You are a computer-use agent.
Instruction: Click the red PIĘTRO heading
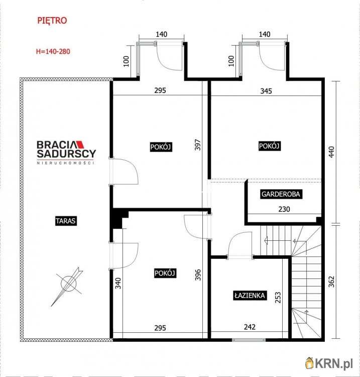pyautogui.click(x=52, y=21)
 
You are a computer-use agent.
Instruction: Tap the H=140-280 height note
pyautogui.click(x=53, y=51)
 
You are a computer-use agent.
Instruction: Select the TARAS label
pyautogui.click(x=66, y=221)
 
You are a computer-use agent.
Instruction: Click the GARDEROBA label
pyautogui.click(x=281, y=194)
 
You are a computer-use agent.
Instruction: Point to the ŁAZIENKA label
pyautogui.click(x=250, y=296)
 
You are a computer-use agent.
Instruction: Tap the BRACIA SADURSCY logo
pyautogui.click(x=66, y=152)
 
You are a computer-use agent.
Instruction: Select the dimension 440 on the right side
pyautogui.click(x=331, y=152)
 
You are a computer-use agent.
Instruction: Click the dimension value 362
pyautogui.click(x=331, y=282)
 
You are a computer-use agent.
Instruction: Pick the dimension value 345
pyautogui.click(x=266, y=91)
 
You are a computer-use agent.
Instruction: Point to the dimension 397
pyautogui.click(x=197, y=145)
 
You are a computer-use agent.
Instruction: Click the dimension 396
pyautogui.click(x=198, y=274)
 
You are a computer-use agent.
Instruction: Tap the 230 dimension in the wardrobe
pyautogui.click(x=284, y=209)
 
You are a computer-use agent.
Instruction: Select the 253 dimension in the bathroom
pyautogui.click(x=278, y=297)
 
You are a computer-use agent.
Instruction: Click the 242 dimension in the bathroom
pyautogui.click(x=250, y=327)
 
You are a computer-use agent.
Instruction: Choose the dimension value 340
pyautogui.click(x=118, y=283)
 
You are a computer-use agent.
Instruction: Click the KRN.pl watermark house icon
pyautogui.click(x=310, y=363)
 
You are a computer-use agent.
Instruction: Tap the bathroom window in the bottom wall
pyautogui.click(x=249, y=340)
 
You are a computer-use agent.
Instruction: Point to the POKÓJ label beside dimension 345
pyautogui.click(x=269, y=146)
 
